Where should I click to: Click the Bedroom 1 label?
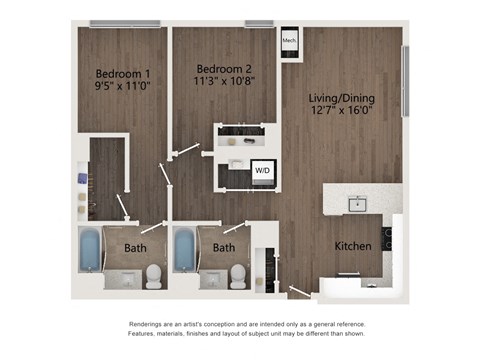pyautogui.click(x=122, y=72)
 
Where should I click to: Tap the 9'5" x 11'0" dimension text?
pyautogui.click(x=122, y=87)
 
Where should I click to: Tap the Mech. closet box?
pyautogui.click(x=289, y=41)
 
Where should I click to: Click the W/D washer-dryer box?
pyautogui.click(x=262, y=171)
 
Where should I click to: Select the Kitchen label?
pyautogui.click(x=353, y=246)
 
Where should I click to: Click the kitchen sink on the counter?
pyautogui.click(x=357, y=205)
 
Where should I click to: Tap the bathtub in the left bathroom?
pyautogui.click(x=89, y=251)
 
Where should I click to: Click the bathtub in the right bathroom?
pyautogui.click(x=185, y=251)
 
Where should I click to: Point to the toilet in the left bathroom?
pyautogui.click(x=153, y=275)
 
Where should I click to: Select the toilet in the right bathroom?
pyautogui.click(x=237, y=275)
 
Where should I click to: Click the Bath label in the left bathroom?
pyautogui.click(x=135, y=247)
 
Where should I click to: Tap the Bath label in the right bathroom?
pyautogui.click(x=224, y=247)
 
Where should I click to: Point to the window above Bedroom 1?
pyautogui.click(x=124, y=23)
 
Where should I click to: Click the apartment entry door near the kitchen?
pyautogui.click(x=299, y=292)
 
